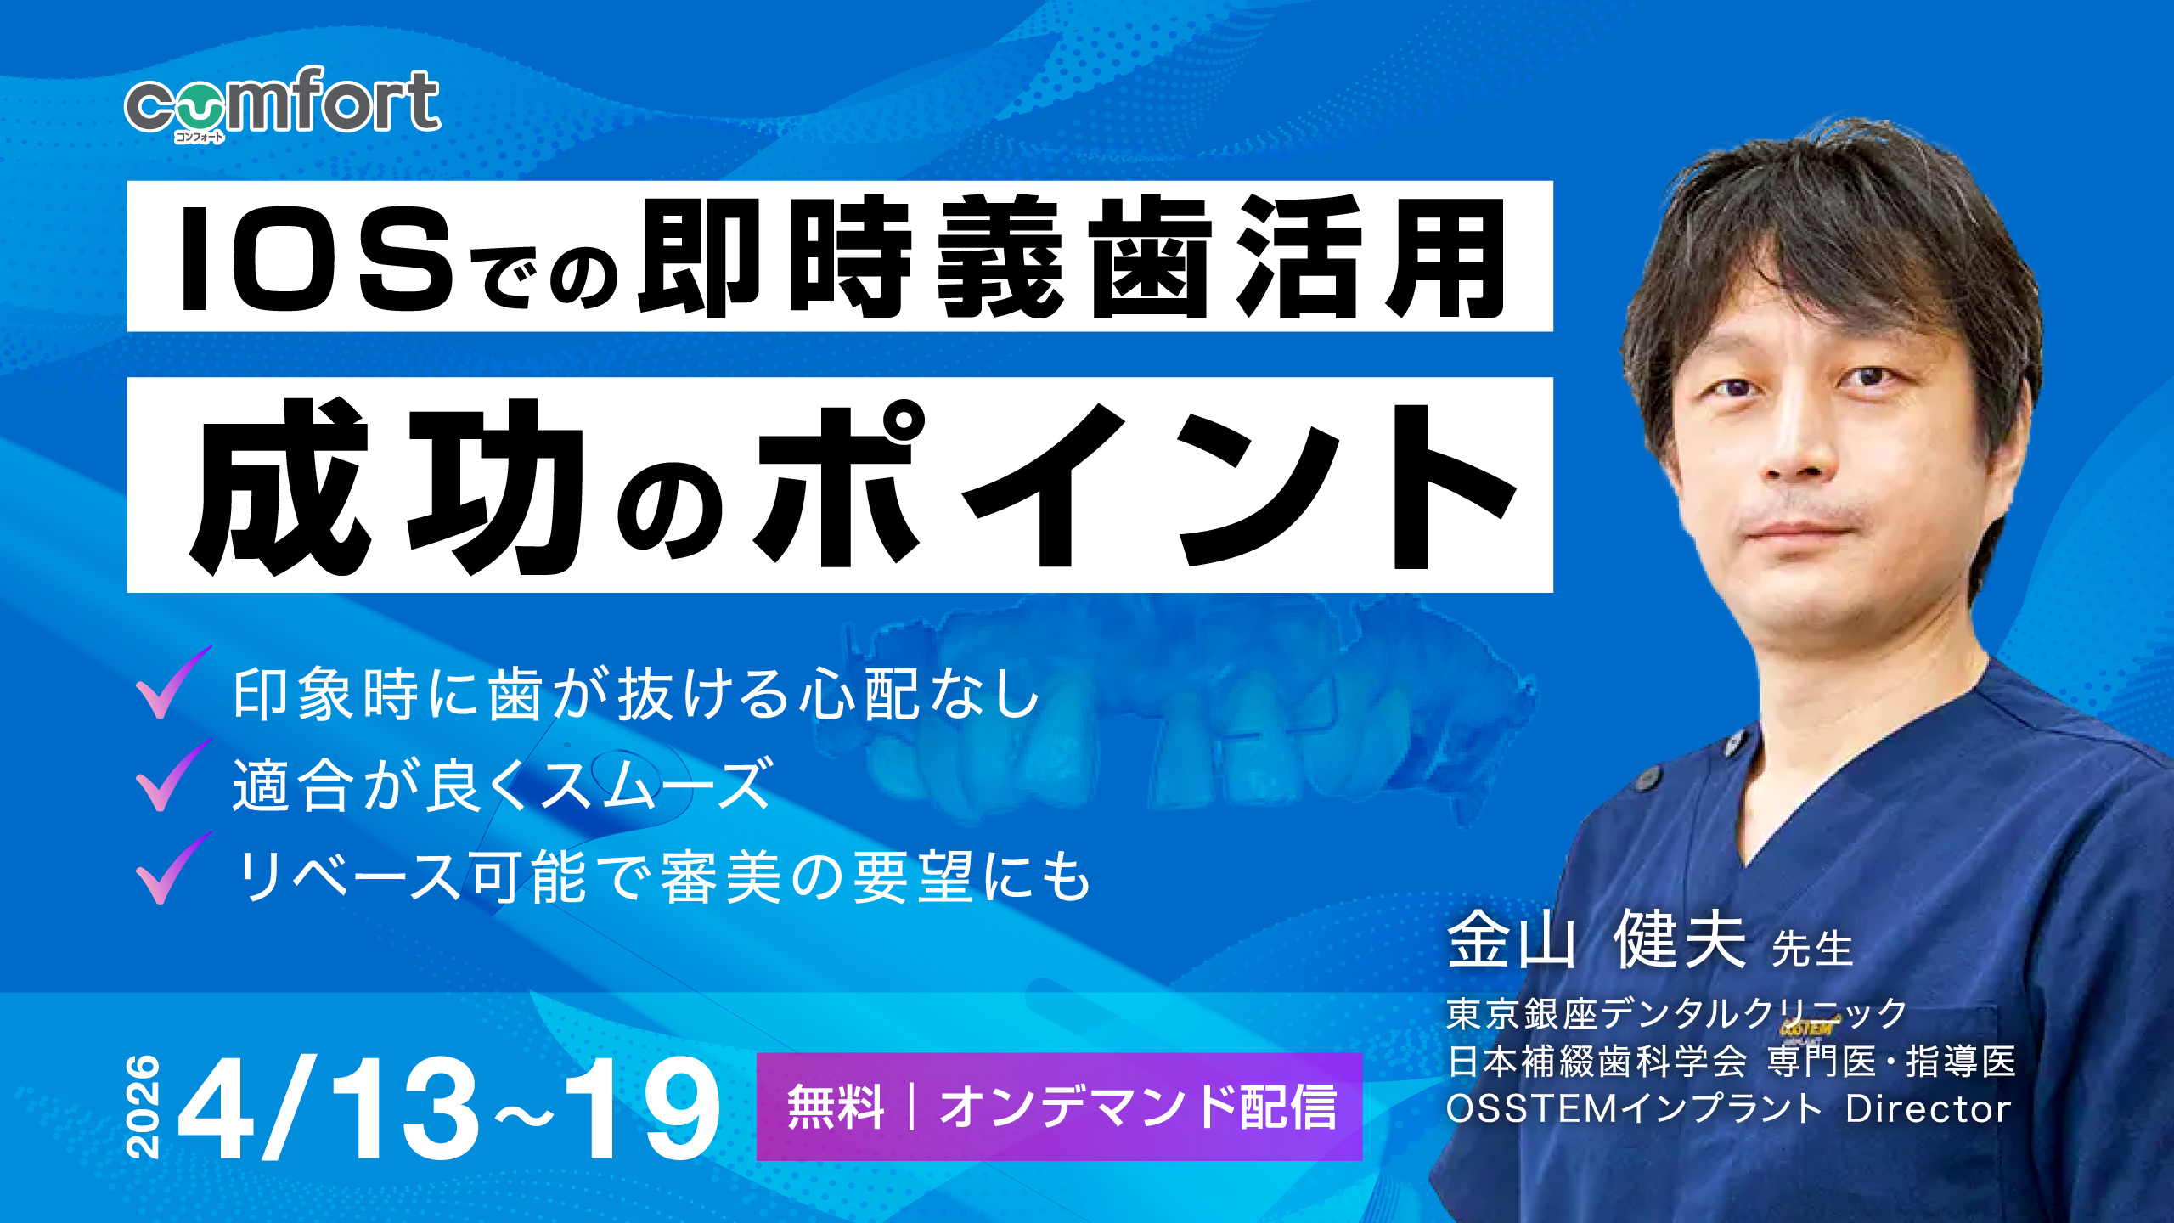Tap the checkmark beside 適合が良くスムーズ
tap(172, 776)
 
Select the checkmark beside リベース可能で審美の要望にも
tap(172, 870)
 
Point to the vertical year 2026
tap(143, 1107)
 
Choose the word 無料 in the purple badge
tap(836, 1107)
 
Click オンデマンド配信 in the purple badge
tap(1138, 1107)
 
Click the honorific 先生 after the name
tap(1812, 949)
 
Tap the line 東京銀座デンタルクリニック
tap(1676, 1013)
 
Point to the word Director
tap(1928, 1109)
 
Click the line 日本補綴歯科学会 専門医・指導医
tap(1731, 1062)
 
